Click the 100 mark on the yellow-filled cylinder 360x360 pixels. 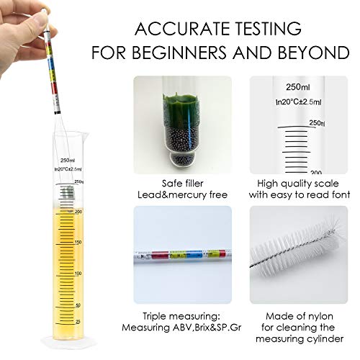click(78, 274)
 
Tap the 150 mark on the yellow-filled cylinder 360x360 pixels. click(78, 243)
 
